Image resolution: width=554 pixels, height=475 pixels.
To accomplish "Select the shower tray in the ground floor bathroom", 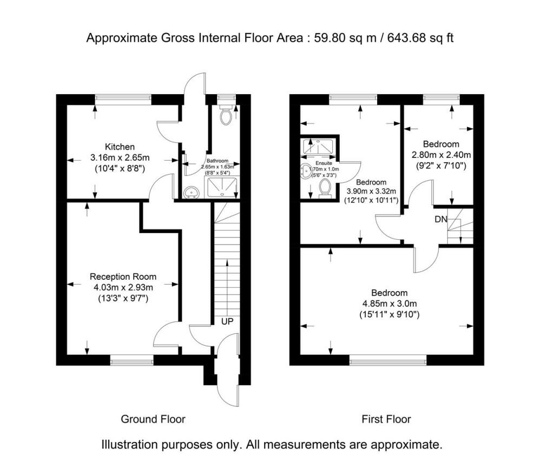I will [x=222, y=188].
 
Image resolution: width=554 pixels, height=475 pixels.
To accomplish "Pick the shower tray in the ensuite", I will [x=319, y=146].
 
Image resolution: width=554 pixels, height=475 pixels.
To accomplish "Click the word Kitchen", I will [x=120, y=147].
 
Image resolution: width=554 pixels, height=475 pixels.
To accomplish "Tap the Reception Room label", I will [x=123, y=276].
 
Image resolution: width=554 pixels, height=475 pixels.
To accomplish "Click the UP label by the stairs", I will [x=227, y=321].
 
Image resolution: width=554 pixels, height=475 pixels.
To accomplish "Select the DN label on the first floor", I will [x=440, y=220].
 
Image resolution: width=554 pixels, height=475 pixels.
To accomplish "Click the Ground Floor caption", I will [x=153, y=419].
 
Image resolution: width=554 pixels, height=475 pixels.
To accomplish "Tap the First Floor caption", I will [x=386, y=419].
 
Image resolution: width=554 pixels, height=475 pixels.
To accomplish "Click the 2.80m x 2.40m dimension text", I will [x=441, y=154].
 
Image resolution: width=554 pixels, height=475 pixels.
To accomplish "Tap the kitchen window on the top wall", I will [x=123, y=98].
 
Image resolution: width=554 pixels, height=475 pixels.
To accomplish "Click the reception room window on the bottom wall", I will [x=131, y=359].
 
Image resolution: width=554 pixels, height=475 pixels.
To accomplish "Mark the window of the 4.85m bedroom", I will [x=387, y=359].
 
